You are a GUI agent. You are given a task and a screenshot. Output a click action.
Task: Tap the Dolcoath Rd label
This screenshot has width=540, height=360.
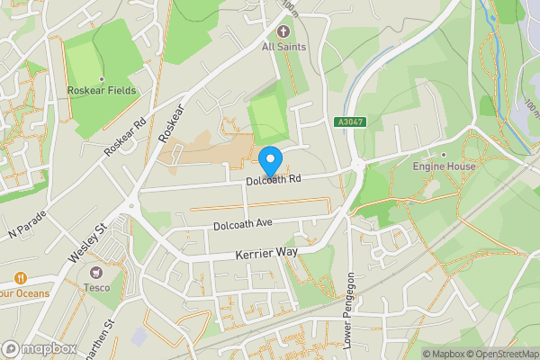[x=273, y=182]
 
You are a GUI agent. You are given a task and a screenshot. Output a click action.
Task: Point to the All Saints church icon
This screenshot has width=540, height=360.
[x=284, y=31]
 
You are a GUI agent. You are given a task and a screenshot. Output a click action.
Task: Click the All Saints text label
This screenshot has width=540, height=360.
[x=284, y=47]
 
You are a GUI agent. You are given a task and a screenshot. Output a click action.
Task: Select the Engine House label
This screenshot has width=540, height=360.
[x=443, y=166]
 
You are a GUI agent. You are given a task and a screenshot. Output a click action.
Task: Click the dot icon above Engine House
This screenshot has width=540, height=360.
[x=443, y=154]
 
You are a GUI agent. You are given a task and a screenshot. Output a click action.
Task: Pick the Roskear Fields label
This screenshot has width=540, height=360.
[x=102, y=90]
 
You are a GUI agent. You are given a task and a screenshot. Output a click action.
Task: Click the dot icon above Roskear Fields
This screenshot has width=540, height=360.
[x=102, y=77]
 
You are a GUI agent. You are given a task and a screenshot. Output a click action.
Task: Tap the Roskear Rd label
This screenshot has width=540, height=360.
[x=125, y=137]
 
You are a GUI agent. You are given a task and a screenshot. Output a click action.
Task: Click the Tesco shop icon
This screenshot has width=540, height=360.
[x=95, y=273]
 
